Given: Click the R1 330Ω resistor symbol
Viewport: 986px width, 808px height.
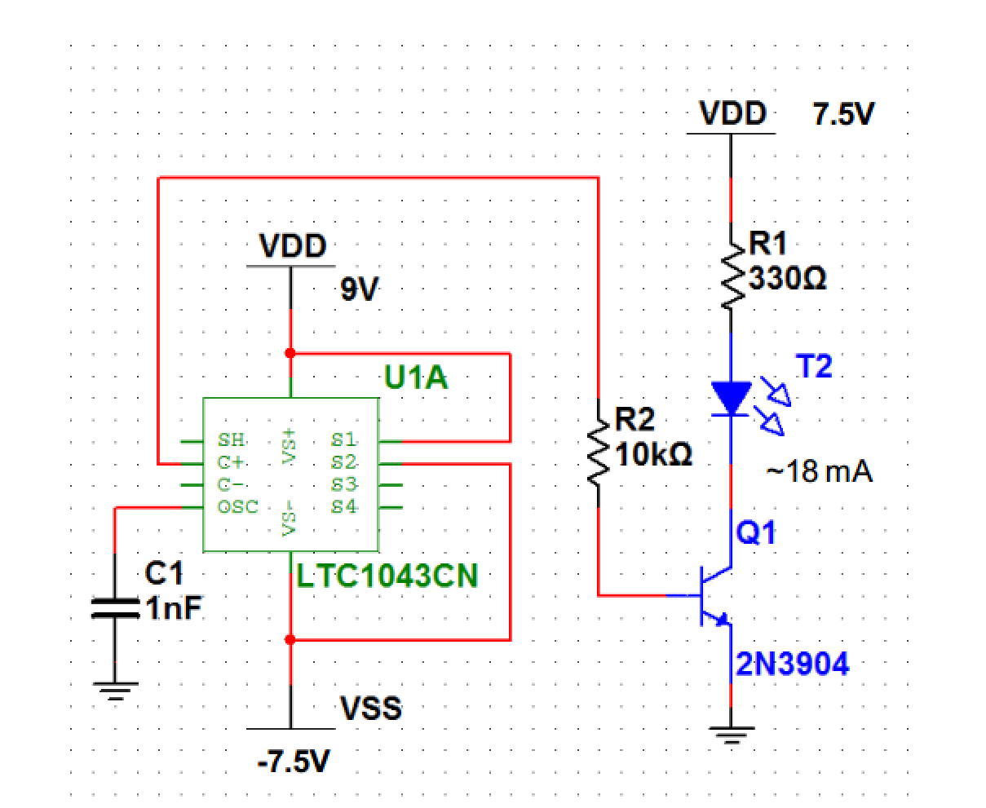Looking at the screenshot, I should tap(731, 273).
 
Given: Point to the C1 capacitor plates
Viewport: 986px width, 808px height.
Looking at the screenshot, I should tap(115, 608).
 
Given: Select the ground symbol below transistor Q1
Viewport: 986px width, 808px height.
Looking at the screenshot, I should tap(731, 736).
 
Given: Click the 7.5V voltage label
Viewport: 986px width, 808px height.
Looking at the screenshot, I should tap(842, 115).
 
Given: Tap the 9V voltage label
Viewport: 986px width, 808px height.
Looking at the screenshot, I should tap(360, 289).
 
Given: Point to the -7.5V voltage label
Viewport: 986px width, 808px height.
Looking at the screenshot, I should tap(294, 763).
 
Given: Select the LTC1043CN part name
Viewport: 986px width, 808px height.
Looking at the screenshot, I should tap(387, 576).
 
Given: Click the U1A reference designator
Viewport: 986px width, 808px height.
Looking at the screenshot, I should tap(415, 378).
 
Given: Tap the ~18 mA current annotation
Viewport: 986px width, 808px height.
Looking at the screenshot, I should tap(819, 471).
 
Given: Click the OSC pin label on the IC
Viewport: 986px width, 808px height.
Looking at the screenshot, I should tap(237, 506).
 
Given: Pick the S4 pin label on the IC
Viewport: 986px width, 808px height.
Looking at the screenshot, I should tap(343, 506).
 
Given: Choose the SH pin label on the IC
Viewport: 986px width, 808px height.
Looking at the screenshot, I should tap(231, 440).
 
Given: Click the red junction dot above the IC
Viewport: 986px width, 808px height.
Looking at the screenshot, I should tap(290, 353).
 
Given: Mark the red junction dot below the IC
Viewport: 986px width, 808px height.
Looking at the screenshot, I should tap(290, 640).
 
